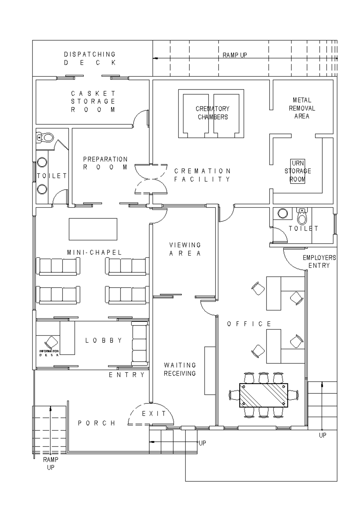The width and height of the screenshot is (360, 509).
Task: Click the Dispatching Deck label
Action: click(90, 58)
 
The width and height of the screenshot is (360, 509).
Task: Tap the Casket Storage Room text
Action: click(93, 101)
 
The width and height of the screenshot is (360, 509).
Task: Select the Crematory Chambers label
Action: click(213, 113)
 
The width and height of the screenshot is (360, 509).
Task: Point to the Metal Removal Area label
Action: click(302, 108)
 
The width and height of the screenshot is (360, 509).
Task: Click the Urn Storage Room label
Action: click(298, 171)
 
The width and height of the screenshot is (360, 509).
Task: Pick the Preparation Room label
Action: click(105, 163)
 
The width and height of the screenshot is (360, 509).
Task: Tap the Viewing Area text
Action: click(185, 249)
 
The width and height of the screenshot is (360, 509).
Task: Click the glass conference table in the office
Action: click(263, 395)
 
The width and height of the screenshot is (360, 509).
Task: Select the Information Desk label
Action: click(49, 353)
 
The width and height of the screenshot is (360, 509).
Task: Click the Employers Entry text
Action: click(319, 261)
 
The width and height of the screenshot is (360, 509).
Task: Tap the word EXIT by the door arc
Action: click(154, 414)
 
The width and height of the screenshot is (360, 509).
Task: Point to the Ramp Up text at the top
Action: click(235, 55)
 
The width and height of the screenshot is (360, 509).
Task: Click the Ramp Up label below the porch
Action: click(50, 463)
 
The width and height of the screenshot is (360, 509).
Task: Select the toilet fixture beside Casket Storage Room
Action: click(45, 138)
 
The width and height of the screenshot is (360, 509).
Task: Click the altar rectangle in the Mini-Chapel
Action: click(93, 229)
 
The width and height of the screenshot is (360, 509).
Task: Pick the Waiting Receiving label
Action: click(180, 369)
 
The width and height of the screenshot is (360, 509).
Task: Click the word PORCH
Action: click(97, 423)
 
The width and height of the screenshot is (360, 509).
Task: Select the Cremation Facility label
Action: click(202, 175)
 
